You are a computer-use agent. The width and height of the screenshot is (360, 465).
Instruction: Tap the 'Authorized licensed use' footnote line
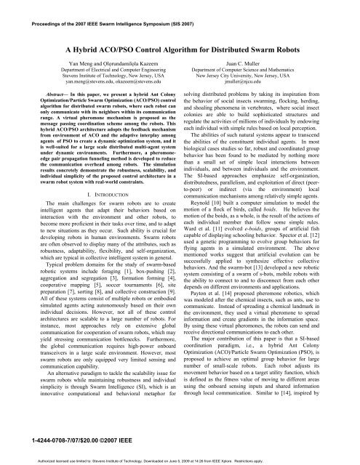coord(180,458)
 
